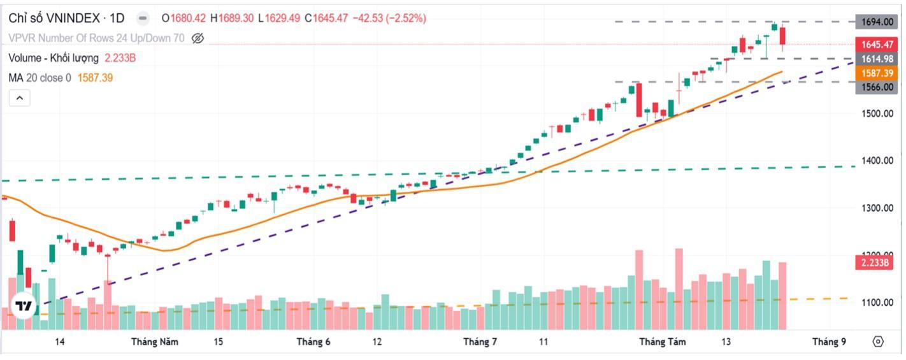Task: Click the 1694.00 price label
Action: click(x=877, y=22)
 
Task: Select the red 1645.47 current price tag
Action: click(x=877, y=45)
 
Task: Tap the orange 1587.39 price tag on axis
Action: click(x=877, y=73)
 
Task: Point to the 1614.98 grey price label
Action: click(x=877, y=59)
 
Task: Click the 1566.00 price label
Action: click(x=877, y=87)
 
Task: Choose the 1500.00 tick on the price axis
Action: click(x=877, y=113)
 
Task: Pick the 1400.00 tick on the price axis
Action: click(x=877, y=161)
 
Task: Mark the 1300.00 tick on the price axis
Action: click(x=877, y=208)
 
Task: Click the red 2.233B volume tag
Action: click(x=874, y=263)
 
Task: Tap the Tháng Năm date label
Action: click(x=155, y=342)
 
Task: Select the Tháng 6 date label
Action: click(x=313, y=342)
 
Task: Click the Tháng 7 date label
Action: click(x=480, y=342)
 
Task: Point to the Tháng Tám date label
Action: click(x=663, y=342)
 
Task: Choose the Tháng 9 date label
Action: click(x=829, y=342)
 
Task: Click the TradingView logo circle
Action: click(x=24, y=306)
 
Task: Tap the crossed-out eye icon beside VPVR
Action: click(x=198, y=38)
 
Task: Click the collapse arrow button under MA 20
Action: click(x=19, y=98)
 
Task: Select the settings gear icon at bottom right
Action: click(x=878, y=342)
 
